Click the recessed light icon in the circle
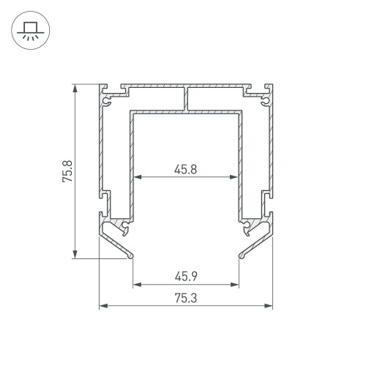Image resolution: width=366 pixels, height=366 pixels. coord(29,31)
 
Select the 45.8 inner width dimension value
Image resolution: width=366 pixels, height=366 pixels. coord(185,169)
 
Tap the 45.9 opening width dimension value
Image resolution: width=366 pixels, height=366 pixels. coord(186,276)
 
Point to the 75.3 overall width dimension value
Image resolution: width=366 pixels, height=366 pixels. coord(186,297)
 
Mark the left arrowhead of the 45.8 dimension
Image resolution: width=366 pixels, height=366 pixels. coord(135,176)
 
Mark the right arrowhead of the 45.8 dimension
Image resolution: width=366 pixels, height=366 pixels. coord(236,176)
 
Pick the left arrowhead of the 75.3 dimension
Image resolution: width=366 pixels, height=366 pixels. coord(102,305)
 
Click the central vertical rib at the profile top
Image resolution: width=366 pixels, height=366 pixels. coord(186,99)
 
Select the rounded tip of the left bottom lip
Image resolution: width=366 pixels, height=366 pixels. coord(130,256)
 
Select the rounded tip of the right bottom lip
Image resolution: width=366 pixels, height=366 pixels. coord(241,256)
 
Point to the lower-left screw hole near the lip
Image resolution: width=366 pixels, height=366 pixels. coord(124,225)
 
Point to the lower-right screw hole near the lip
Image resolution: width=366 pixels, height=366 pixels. coord(248,225)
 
